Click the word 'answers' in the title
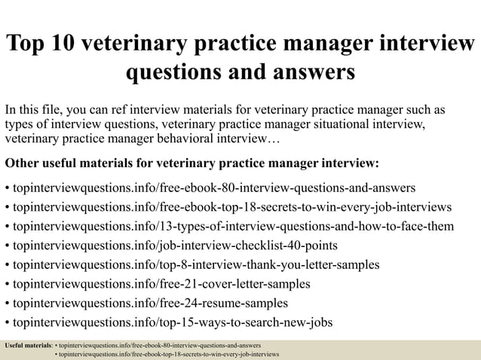coord(308,72)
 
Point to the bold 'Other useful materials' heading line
coord(192,163)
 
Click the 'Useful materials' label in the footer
coord(29,345)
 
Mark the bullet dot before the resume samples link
coord(7,304)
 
